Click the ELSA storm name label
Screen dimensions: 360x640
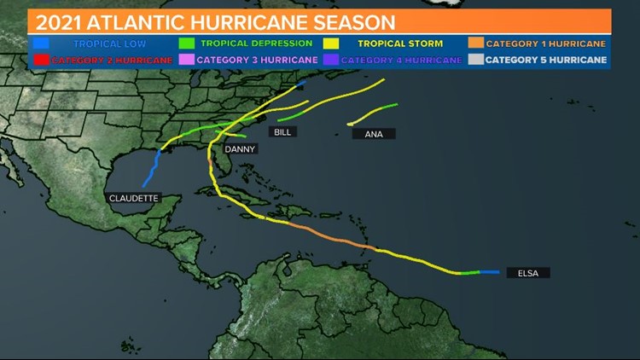(x=527, y=273)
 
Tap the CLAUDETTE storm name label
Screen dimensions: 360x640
(x=133, y=198)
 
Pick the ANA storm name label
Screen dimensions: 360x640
(x=373, y=134)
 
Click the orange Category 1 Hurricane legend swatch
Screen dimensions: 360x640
(x=475, y=43)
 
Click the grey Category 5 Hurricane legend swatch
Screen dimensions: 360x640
(x=475, y=60)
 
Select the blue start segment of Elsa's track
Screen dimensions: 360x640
(x=490, y=272)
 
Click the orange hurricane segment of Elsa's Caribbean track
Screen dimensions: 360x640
(x=333, y=236)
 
